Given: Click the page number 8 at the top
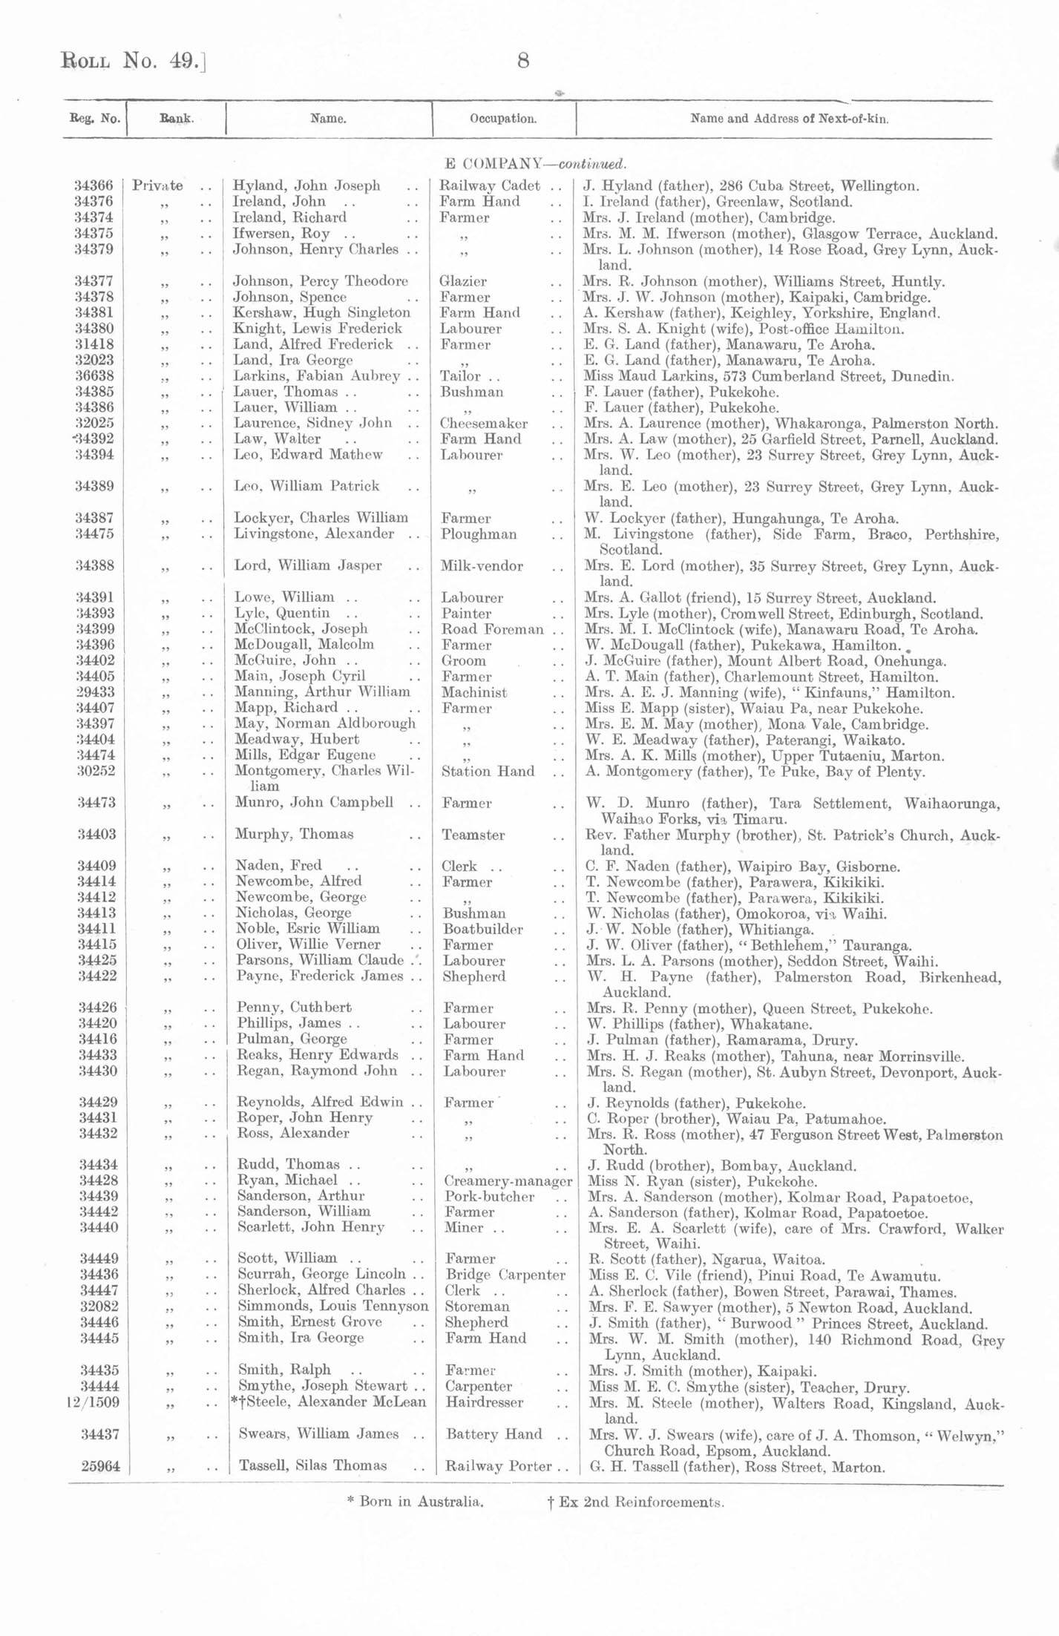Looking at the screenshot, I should coord(523,61).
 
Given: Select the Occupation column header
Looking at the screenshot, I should coord(503,119).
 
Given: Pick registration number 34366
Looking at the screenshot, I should coord(94,185).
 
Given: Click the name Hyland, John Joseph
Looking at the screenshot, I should coord(306,185).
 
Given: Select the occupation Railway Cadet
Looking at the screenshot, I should coord(490,185).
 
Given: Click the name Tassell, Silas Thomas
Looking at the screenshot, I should coord(312,1465).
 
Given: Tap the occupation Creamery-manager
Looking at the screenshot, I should coord(508,1180).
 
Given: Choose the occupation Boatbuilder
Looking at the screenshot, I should coord(482,929).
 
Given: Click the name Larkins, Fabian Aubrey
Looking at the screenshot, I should coord(317,376).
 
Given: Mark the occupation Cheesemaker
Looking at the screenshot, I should coord(484,424).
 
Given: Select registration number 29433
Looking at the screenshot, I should coord(95,692).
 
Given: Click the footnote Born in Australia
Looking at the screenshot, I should coord(416,1502).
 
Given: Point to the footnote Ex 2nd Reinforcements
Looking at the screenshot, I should coord(635,1502).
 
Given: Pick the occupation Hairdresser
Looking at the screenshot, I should coord(484,1402).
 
